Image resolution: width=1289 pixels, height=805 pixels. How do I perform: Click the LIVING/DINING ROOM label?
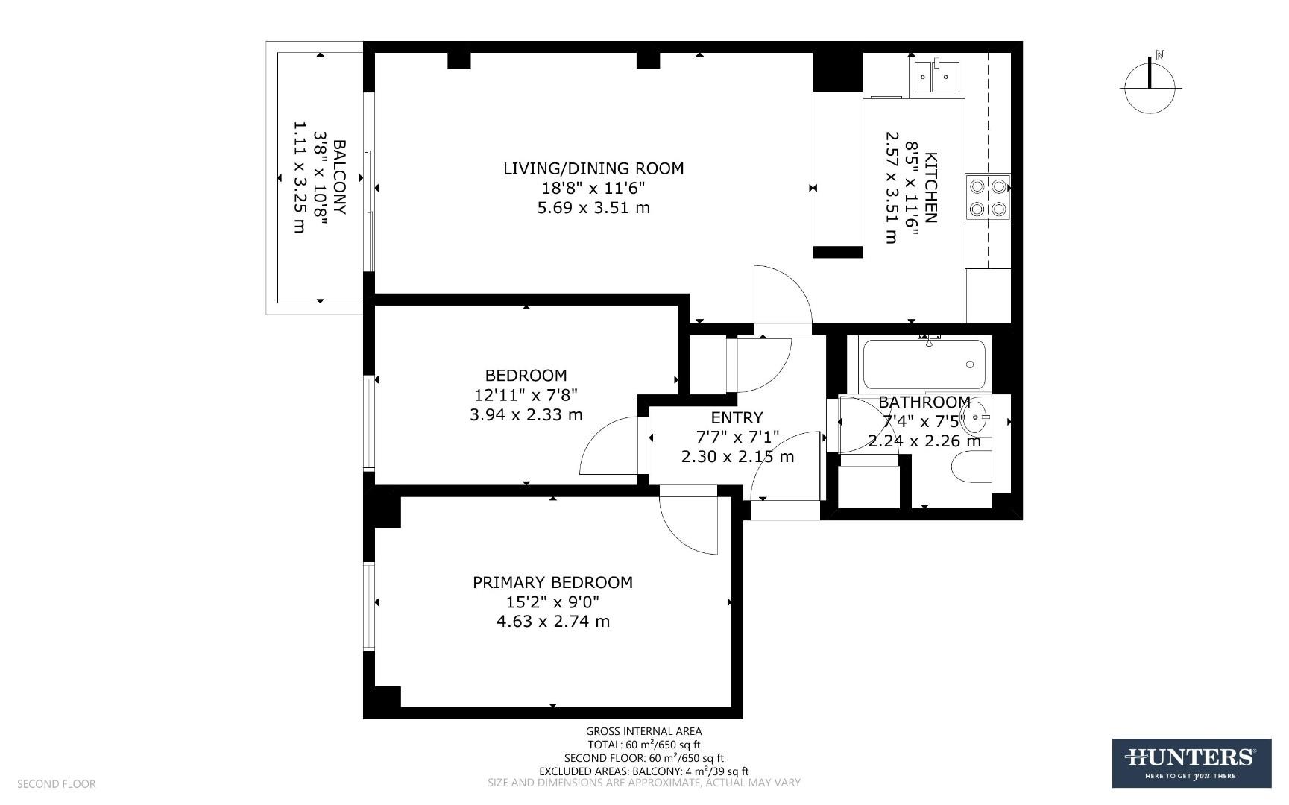(x=593, y=168)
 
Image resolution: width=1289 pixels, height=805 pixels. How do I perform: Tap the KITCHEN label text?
(x=930, y=188)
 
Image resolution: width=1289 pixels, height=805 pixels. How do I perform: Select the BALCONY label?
(x=339, y=177)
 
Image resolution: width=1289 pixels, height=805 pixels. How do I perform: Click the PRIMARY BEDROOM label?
(x=552, y=583)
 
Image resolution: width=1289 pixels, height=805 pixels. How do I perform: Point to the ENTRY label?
(x=737, y=417)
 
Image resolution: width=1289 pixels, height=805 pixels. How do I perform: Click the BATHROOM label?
(x=924, y=402)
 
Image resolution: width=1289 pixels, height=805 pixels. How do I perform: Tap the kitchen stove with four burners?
(x=988, y=198)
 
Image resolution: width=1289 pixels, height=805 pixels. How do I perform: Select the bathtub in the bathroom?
(x=924, y=364)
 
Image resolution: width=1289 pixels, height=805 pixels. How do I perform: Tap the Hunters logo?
(x=1191, y=763)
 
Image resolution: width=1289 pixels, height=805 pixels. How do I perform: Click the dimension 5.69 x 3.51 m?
(x=593, y=208)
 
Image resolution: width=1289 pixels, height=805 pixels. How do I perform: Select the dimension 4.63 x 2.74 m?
(x=552, y=622)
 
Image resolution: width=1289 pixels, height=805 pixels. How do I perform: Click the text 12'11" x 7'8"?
(x=526, y=395)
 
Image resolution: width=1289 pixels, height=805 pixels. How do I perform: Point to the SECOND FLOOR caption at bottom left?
(x=57, y=784)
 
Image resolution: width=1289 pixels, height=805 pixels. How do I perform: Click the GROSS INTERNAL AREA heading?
(x=643, y=731)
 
